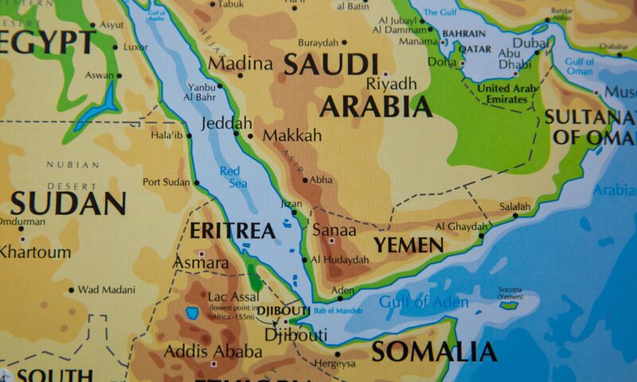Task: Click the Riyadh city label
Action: coord(391,84)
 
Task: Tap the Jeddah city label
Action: coord(227,123)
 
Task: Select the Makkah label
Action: coord(292,135)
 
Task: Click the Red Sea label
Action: coord(232,177)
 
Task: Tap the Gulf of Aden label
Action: coord(412,302)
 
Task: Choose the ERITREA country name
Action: coord(233,232)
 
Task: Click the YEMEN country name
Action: coord(408,244)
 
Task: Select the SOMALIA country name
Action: coord(434,351)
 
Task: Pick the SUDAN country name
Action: coord(68,204)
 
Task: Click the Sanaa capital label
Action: coord(328,230)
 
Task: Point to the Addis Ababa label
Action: coord(213,351)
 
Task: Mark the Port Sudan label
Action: coord(166,182)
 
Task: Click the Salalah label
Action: coord(515,206)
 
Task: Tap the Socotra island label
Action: coord(510,292)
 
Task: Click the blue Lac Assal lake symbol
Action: coord(192,314)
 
